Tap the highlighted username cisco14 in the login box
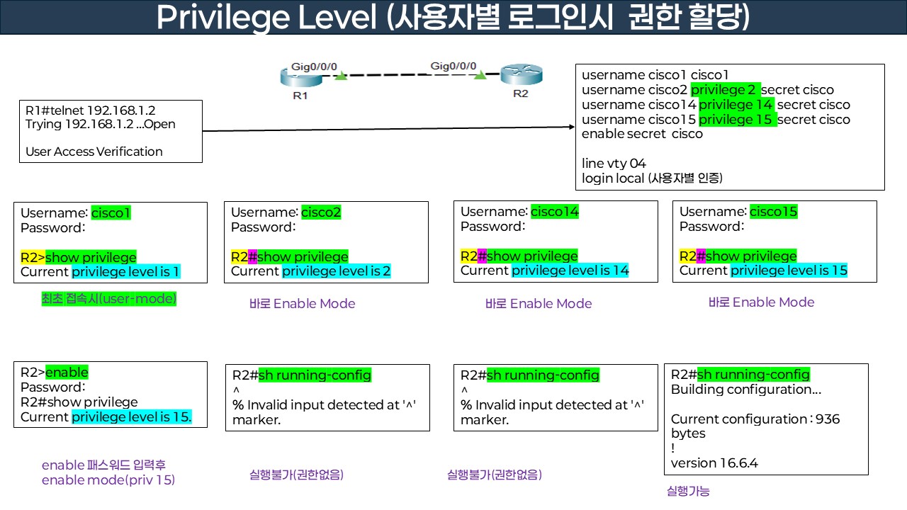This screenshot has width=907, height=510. (555, 211)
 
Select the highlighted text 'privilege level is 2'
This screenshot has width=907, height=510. (337, 271)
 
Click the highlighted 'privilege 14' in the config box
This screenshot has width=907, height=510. (736, 105)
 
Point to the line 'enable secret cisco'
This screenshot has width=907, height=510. (642, 134)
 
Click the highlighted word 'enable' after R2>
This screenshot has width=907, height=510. (67, 373)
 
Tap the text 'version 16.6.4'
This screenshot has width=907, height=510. (714, 463)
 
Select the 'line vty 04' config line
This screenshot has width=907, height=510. (614, 164)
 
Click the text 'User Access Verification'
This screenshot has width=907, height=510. (94, 152)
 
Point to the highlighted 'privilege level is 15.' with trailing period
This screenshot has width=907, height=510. (132, 417)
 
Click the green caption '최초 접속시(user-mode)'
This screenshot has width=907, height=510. (108, 300)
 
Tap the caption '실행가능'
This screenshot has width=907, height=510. (688, 491)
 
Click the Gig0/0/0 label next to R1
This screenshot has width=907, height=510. (314, 67)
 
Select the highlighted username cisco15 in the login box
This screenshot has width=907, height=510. (773, 212)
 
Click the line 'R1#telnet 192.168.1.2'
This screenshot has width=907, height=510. (90, 110)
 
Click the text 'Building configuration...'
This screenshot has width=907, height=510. (746, 390)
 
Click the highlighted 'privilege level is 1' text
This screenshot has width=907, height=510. (126, 272)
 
